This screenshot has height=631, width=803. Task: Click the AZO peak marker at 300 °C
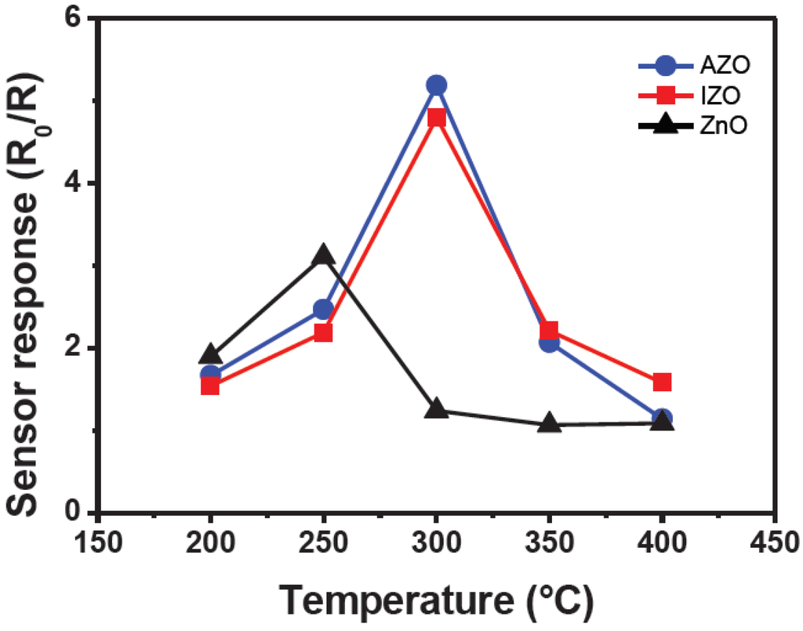coord(436,85)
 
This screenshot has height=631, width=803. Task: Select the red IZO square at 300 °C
coord(436,118)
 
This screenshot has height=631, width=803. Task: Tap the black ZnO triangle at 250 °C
coord(323,255)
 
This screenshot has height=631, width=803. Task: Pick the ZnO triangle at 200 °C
coord(210,354)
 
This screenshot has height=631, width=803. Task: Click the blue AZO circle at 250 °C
coord(323,310)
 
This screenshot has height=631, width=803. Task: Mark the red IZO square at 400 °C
coord(662,382)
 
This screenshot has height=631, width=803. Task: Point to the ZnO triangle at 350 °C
coord(549,424)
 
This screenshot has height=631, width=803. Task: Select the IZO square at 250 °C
coord(323,332)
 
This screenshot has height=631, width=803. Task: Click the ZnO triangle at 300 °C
coord(436,409)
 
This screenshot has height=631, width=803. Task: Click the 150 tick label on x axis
coord(97,542)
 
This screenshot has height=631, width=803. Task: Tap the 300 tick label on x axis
coord(436,542)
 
